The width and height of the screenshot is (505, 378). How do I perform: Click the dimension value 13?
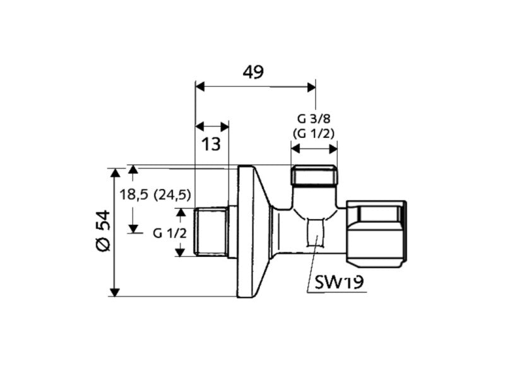coord(212,144)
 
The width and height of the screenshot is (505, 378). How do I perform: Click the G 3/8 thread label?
coord(314,118)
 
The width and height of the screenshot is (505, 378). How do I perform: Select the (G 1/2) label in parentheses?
coord(314,132)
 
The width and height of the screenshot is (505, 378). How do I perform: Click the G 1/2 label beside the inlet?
coord(170,233)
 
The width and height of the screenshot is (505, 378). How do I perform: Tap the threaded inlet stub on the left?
coord(211,232)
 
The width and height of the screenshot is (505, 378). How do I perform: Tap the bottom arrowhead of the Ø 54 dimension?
coord(114,291)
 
